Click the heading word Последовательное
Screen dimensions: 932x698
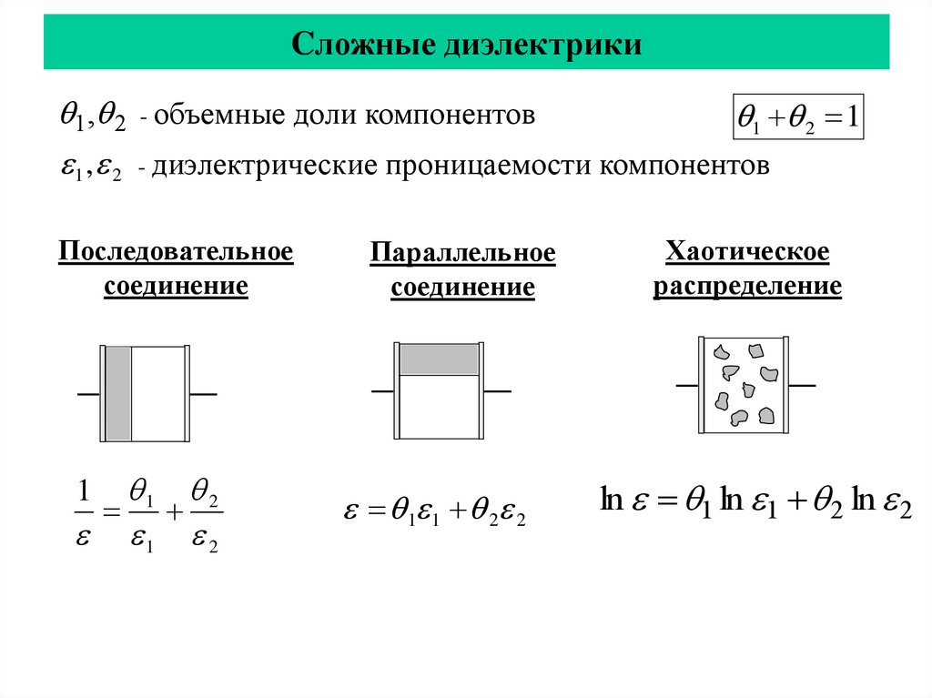pos(176,251)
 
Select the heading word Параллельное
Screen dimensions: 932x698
pos(462,253)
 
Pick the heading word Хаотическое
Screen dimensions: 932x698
pos(747,251)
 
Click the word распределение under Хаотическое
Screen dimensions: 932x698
pos(747,287)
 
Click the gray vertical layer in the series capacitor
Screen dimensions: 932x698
pos(118,393)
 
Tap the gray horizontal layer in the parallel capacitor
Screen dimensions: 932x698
pos(440,359)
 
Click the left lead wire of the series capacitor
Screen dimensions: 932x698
pos(88,394)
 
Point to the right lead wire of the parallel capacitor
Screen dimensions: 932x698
pos(497,391)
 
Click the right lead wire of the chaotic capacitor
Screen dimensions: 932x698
pos(802,386)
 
